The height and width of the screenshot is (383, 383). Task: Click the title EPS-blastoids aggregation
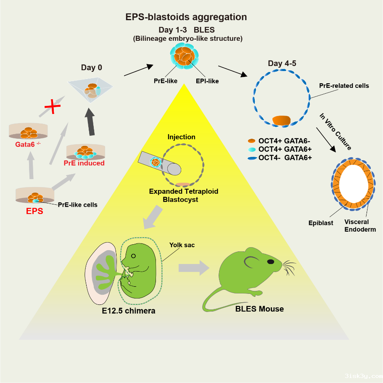point(186,17)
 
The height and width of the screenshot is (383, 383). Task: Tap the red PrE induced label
point(84,163)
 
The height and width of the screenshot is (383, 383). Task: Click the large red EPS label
point(34,211)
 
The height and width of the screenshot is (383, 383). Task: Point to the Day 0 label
point(91,67)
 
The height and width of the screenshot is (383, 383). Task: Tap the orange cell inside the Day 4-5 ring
point(281,120)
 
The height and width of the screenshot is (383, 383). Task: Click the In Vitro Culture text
point(335,131)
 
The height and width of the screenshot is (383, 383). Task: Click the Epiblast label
point(320,223)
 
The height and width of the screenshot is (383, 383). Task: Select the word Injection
point(181,137)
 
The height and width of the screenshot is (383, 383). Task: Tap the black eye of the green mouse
point(271,261)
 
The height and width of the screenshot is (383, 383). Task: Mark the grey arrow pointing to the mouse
point(194,268)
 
